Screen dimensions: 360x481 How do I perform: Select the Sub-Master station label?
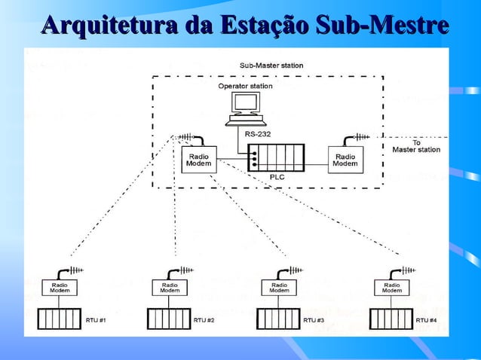click(x=271, y=66)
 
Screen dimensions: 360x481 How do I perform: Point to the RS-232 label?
click(x=258, y=134)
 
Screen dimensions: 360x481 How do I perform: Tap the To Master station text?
click(x=416, y=145)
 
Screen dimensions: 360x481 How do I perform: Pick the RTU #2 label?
click(x=204, y=320)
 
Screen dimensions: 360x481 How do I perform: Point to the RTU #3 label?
click(x=314, y=320)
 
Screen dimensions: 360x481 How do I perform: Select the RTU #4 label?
click(x=426, y=320)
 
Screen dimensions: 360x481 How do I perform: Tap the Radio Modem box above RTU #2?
click(x=170, y=287)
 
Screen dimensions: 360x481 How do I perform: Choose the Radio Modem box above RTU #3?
click(x=279, y=287)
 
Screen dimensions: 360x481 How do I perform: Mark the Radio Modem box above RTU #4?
click(x=392, y=287)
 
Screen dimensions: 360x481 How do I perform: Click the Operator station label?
click(x=245, y=86)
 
